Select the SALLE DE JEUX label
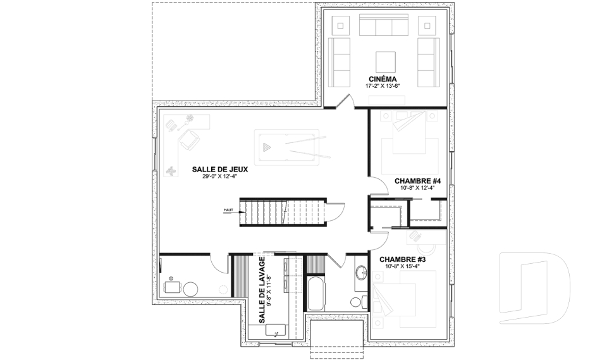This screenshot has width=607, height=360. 219,170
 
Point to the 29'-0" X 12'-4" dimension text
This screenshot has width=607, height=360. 219,177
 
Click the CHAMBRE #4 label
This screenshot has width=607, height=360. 417,181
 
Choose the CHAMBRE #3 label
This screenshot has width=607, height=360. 402,259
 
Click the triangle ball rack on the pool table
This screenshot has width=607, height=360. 266,147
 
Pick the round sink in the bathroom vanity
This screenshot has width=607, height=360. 362,273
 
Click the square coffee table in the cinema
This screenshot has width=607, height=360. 386,62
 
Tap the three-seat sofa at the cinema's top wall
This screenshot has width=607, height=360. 384,27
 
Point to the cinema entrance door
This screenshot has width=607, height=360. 344,101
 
